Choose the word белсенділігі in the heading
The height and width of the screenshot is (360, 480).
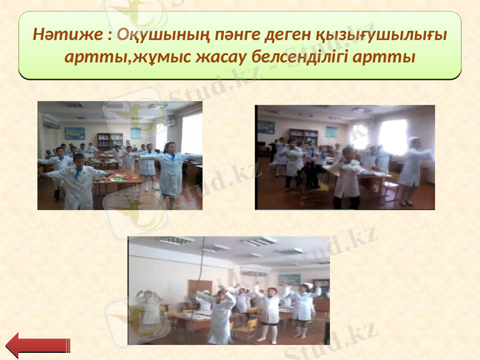click(x=305, y=58)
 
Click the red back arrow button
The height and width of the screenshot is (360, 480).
click(x=37, y=345)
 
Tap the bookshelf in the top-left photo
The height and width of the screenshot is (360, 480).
click(x=109, y=140)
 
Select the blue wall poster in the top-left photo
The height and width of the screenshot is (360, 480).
click(x=74, y=133)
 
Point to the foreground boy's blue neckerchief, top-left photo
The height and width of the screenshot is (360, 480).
click(x=79, y=173)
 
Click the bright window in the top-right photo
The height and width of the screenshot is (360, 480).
click(x=393, y=136)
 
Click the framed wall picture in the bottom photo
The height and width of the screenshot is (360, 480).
click(x=289, y=280)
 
